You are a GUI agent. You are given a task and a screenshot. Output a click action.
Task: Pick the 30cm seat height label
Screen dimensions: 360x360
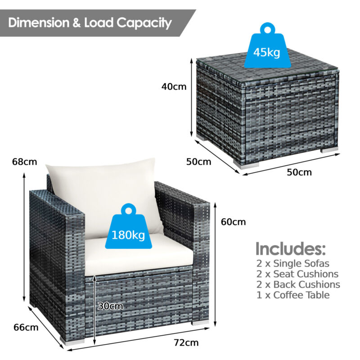click(x=110, y=306)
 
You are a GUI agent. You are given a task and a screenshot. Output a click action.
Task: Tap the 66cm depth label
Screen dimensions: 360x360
click(x=26, y=327)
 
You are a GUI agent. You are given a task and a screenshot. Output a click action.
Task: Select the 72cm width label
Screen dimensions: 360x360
click(x=186, y=343)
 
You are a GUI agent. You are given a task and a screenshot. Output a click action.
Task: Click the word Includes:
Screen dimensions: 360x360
click(x=290, y=248)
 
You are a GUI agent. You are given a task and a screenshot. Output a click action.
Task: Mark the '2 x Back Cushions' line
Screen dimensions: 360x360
click(x=297, y=285)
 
